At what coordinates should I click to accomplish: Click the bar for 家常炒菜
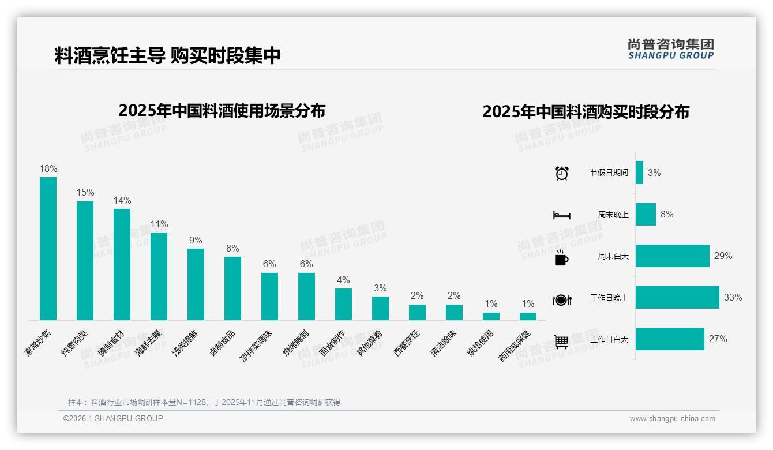tap(48, 248)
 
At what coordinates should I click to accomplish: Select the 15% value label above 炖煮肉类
tap(85, 192)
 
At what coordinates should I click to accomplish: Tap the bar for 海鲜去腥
tap(159, 276)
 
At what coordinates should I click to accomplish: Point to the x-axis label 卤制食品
tap(223, 343)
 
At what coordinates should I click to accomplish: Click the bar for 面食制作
tap(343, 304)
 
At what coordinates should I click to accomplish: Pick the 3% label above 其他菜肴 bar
tap(380, 288)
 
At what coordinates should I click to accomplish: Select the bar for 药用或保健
tap(528, 316)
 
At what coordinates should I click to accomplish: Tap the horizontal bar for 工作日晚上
tap(677, 298)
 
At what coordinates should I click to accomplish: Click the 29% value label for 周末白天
tap(723, 256)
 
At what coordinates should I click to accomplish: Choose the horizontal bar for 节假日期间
tap(639, 172)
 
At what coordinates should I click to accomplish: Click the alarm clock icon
tap(562, 173)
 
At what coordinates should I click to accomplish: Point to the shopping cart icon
tap(561, 342)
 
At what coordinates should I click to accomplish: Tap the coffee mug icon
tap(561, 257)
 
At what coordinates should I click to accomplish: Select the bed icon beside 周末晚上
tap(561, 215)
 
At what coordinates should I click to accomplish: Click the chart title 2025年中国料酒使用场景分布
tap(222, 111)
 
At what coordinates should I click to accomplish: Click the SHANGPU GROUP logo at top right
tap(671, 49)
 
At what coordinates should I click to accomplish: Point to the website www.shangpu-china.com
tap(672, 419)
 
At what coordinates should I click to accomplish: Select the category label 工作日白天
tap(609, 339)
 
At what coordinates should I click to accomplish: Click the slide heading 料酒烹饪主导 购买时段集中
tap(168, 56)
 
